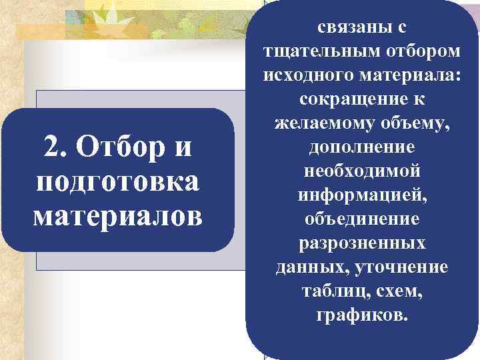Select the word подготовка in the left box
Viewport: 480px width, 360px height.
117,180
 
